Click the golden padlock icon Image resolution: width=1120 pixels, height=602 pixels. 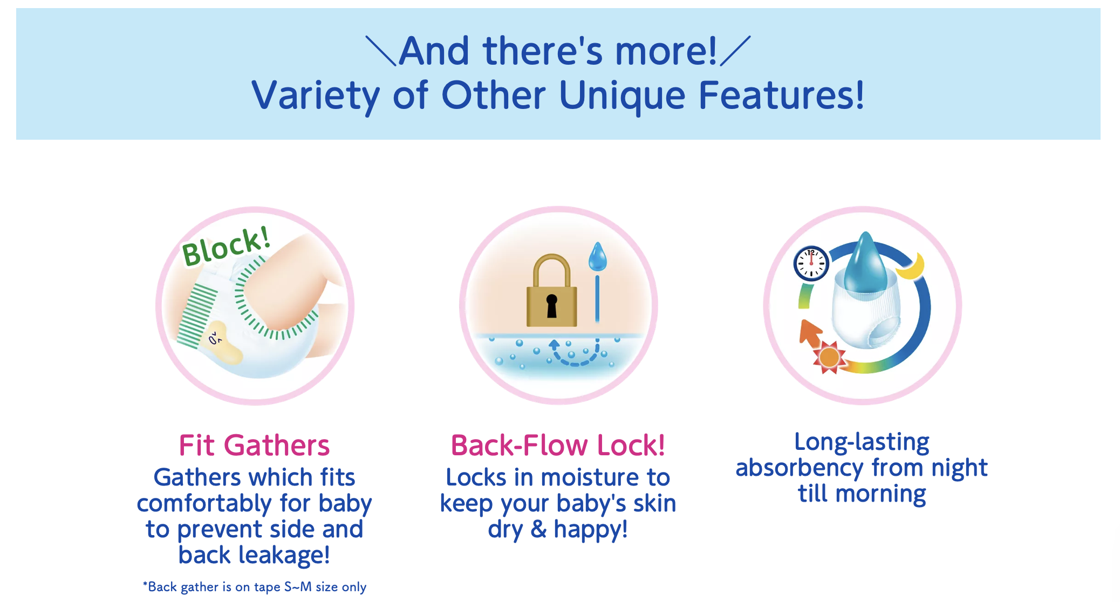551,291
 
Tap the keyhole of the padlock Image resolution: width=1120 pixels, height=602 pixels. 551,306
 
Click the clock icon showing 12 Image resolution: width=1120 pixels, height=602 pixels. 811,263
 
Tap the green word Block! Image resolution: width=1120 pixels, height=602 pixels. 226,247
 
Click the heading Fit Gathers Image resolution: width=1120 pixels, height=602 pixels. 254,446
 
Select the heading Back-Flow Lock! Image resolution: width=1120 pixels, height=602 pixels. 558,446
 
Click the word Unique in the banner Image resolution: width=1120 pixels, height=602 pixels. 622,96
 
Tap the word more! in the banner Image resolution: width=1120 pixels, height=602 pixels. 666,51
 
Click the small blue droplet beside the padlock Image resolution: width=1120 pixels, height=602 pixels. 597,257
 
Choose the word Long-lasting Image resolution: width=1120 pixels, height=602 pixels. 862,442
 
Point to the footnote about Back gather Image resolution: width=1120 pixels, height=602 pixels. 255,587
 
